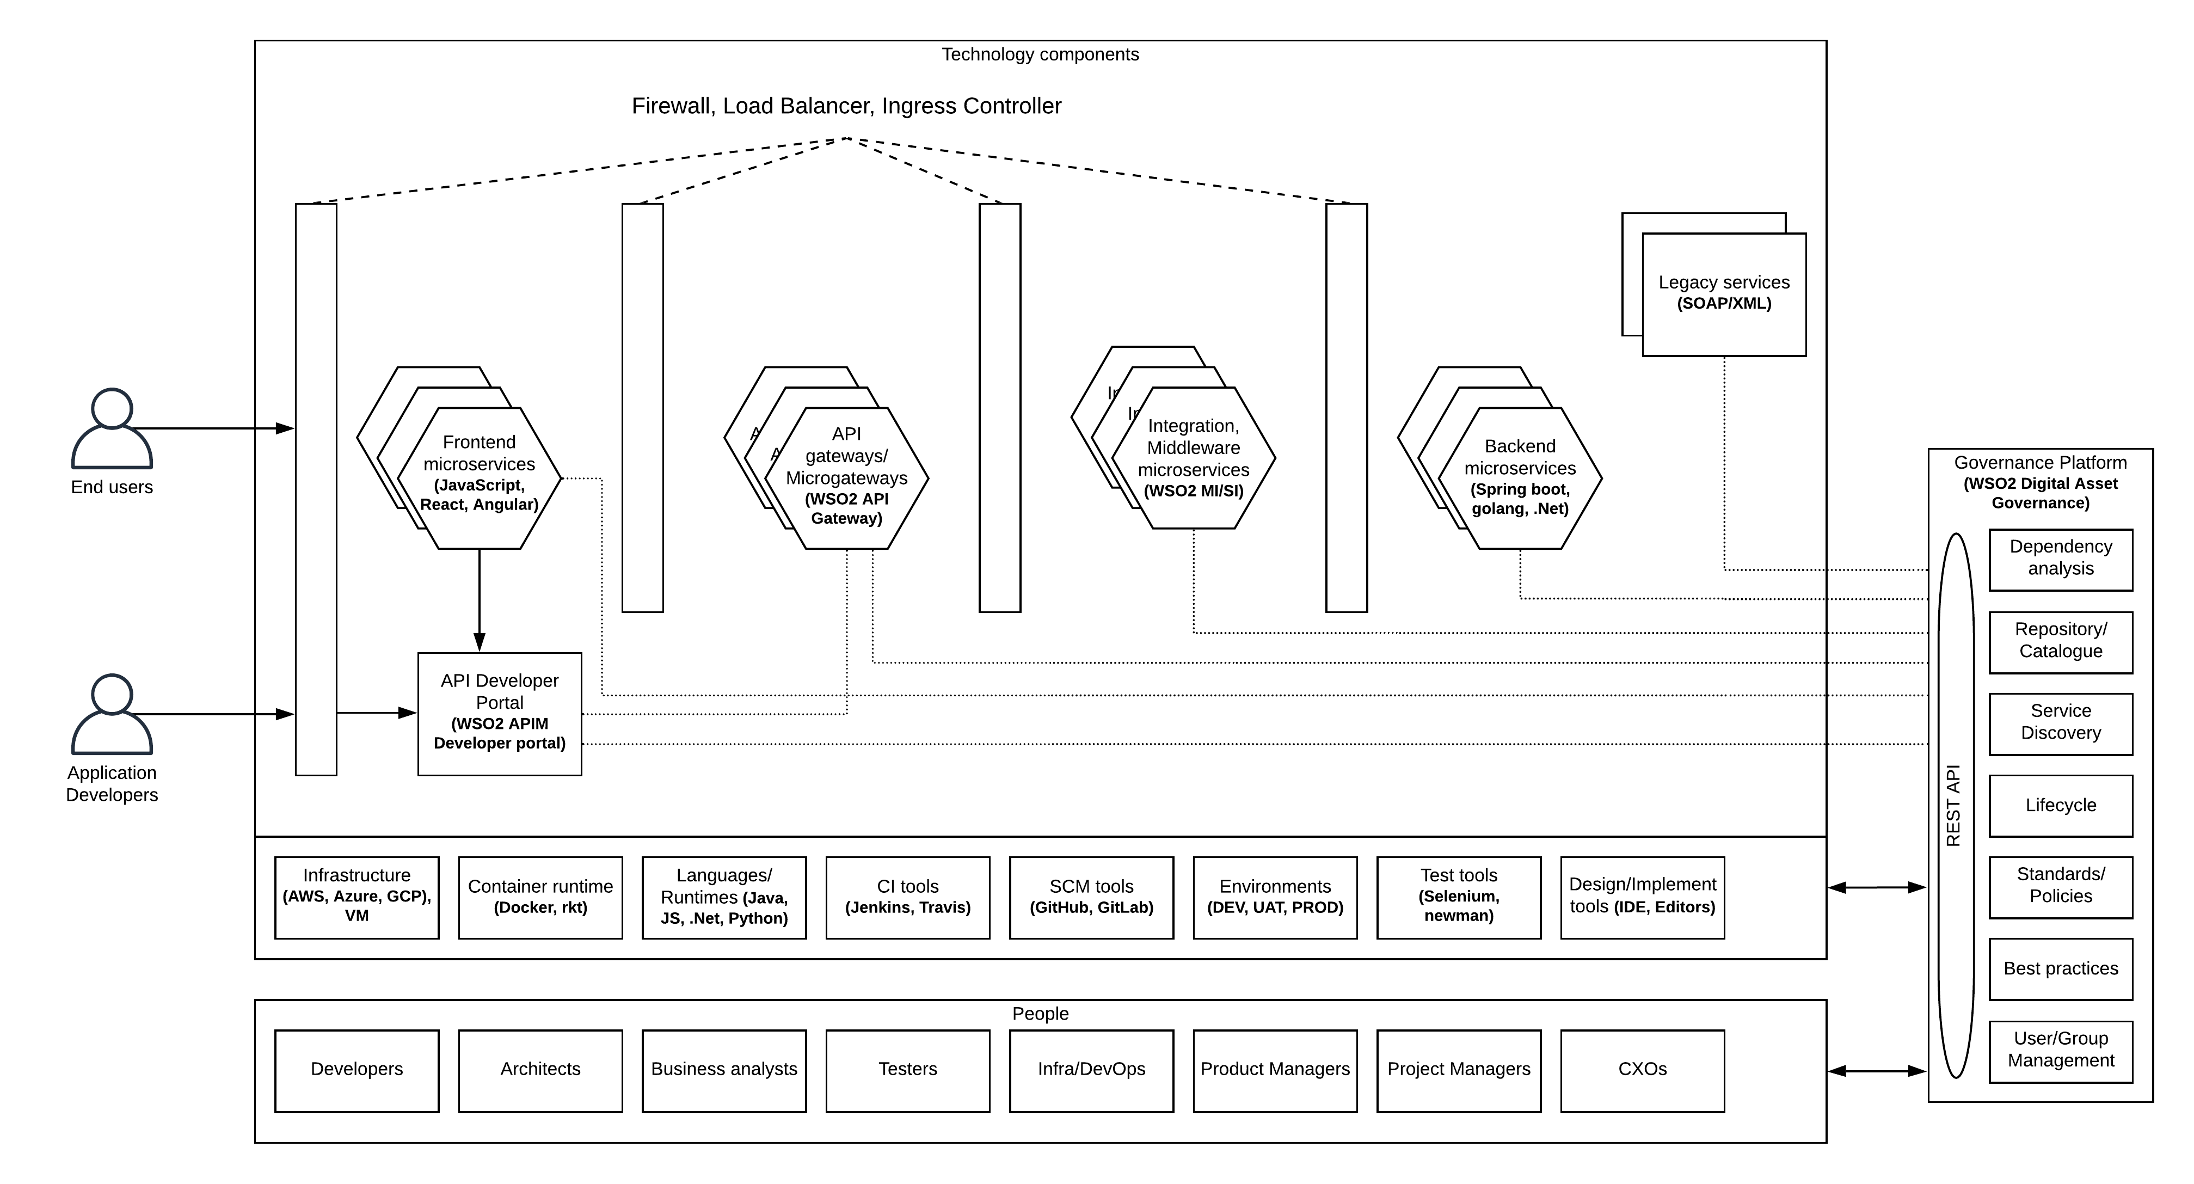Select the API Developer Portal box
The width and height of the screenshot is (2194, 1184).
pos(499,713)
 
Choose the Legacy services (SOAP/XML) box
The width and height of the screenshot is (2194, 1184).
pos(1723,294)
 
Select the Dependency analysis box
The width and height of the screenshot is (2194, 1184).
pos(2060,559)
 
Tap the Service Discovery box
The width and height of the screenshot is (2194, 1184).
pos(2060,723)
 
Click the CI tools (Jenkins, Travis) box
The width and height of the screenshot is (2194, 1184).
pos(907,897)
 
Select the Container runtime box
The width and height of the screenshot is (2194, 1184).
pos(540,897)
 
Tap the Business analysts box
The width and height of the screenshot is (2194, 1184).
pos(724,1070)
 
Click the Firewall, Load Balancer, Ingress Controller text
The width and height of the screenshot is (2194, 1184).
pos(846,107)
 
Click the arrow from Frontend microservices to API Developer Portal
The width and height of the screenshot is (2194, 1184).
pos(480,600)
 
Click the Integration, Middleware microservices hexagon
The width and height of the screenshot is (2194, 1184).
pos(1193,458)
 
